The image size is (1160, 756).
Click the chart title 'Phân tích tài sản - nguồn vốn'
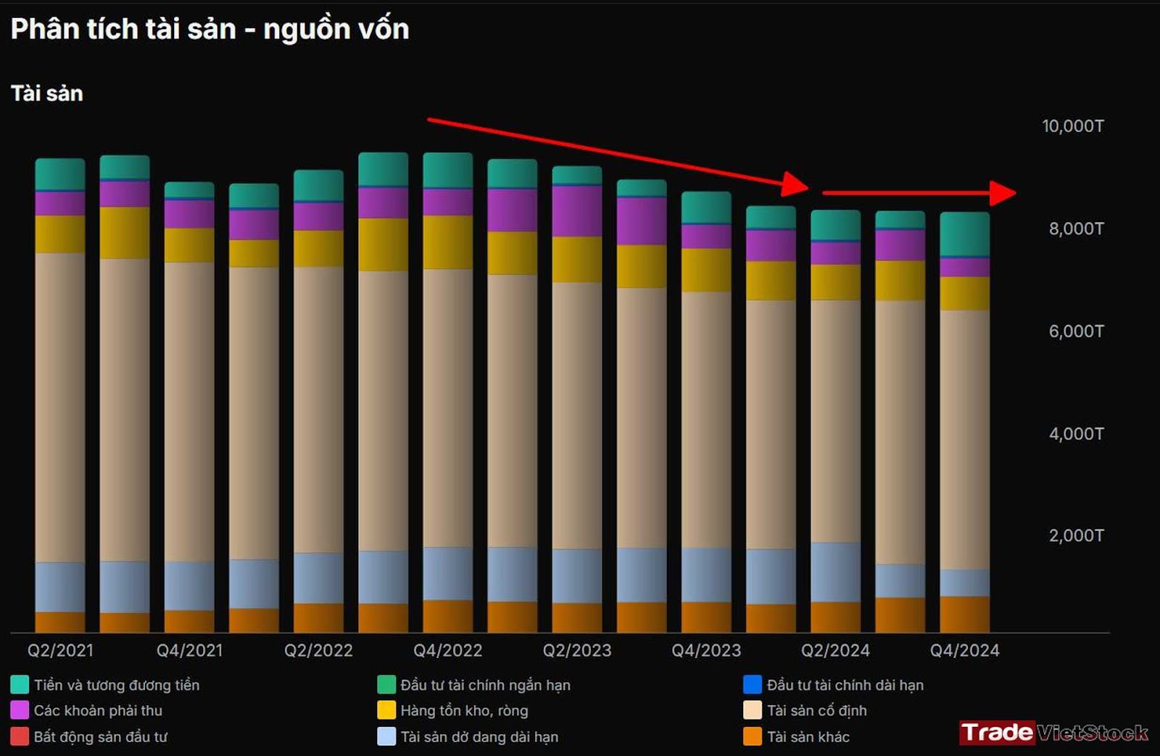(x=210, y=29)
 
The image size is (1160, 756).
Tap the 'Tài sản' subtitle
(x=47, y=94)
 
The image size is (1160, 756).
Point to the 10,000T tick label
(x=1072, y=126)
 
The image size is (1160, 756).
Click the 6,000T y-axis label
(x=1076, y=332)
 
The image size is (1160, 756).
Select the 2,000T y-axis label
(x=1076, y=536)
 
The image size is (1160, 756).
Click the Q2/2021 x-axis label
(x=60, y=650)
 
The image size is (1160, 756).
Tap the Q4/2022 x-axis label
(x=447, y=650)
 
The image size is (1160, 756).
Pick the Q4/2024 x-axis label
(x=964, y=650)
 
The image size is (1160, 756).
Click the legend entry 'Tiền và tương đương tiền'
(x=116, y=685)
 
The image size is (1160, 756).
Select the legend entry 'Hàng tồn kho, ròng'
(x=464, y=710)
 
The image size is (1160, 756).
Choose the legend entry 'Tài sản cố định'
(x=816, y=710)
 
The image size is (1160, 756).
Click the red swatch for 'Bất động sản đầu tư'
(x=20, y=736)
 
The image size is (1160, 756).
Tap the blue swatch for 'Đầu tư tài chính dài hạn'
(x=753, y=685)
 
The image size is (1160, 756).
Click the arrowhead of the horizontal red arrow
(x=1003, y=193)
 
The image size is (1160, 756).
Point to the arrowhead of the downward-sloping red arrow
(x=795, y=184)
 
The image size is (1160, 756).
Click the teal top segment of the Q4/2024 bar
(x=964, y=234)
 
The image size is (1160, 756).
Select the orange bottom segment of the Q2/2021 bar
(x=60, y=622)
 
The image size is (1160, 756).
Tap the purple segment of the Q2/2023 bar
(x=577, y=210)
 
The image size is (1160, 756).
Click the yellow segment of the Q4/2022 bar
(x=447, y=242)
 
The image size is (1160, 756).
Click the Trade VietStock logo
(x=1053, y=733)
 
